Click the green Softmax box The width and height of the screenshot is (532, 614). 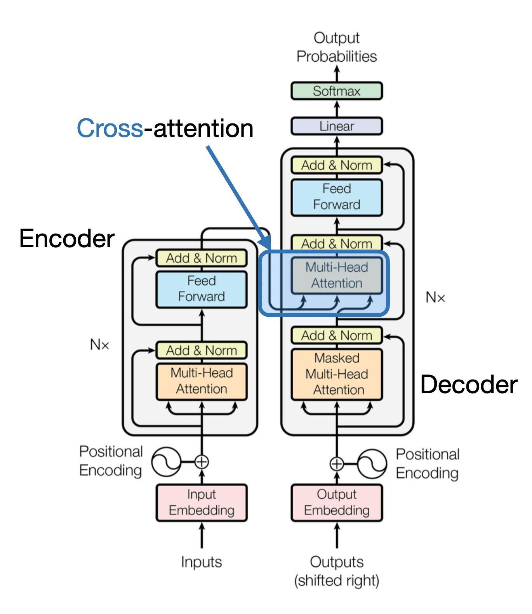(x=337, y=91)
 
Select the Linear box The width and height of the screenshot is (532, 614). (x=337, y=126)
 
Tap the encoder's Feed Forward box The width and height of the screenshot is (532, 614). (x=201, y=289)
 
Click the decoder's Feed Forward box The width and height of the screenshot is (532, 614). (x=337, y=197)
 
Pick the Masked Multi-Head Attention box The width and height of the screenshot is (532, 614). (x=337, y=374)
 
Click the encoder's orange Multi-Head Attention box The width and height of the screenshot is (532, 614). (x=201, y=381)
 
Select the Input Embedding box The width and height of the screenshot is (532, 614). (x=201, y=502)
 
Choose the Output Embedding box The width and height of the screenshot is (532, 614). (x=337, y=502)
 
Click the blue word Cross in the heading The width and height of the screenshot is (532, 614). (x=110, y=128)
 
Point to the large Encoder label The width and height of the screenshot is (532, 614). (x=67, y=238)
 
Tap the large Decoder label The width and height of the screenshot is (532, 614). (x=469, y=384)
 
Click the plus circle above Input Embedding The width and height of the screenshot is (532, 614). (x=202, y=462)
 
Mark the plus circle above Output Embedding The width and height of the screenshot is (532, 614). (x=337, y=463)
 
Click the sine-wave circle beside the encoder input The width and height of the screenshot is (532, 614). (x=166, y=462)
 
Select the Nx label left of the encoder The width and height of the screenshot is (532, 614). (x=99, y=344)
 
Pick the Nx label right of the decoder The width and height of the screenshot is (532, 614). (x=435, y=297)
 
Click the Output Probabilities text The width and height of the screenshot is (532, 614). (x=337, y=47)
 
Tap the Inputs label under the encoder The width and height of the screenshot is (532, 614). (x=201, y=562)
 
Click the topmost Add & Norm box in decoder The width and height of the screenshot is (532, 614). (x=337, y=165)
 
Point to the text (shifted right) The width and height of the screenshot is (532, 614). (x=337, y=581)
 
